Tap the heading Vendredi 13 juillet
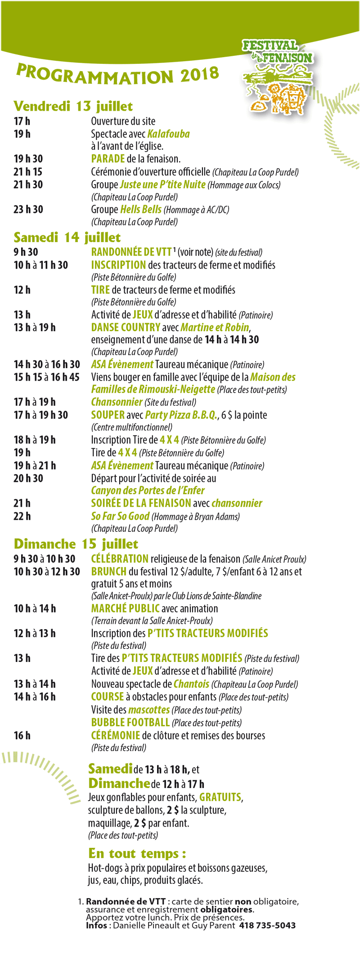coord(73,106)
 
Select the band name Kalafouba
coord(168,134)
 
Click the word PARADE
coord(108,159)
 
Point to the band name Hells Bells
coord(141,209)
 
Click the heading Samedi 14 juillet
coord(67,237)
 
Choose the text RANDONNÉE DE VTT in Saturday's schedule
coord(131,252)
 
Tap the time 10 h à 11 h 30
coord(41,265)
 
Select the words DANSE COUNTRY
coord(126,328)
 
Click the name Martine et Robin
coord(215,328)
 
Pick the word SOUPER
coord(108,415)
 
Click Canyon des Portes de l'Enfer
coord(148,490)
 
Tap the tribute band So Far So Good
coord(120,516)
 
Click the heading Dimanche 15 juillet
coord(76,544)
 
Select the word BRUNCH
coord(109,571)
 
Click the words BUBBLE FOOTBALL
coord(130,722)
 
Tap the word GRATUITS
coord(220,797)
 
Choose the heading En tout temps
coord(137,853)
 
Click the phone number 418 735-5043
coord(267,925)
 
